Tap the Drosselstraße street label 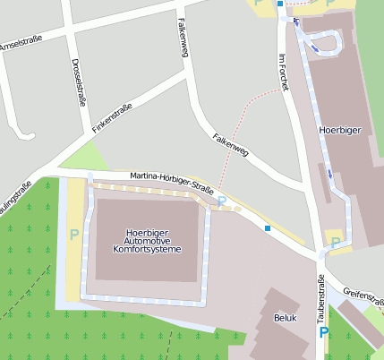[x=77, y=82]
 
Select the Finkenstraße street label [x=113, y=119]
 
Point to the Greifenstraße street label [x=363, y=296]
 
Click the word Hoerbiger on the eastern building [x=339, y=131]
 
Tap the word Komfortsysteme [x=149, y=249]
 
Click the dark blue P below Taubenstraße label [x=324, y=334]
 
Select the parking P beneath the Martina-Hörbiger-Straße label [x=221, y=201]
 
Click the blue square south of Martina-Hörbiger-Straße [x=267, y=228]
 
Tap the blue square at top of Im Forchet [x=279, y=4]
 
